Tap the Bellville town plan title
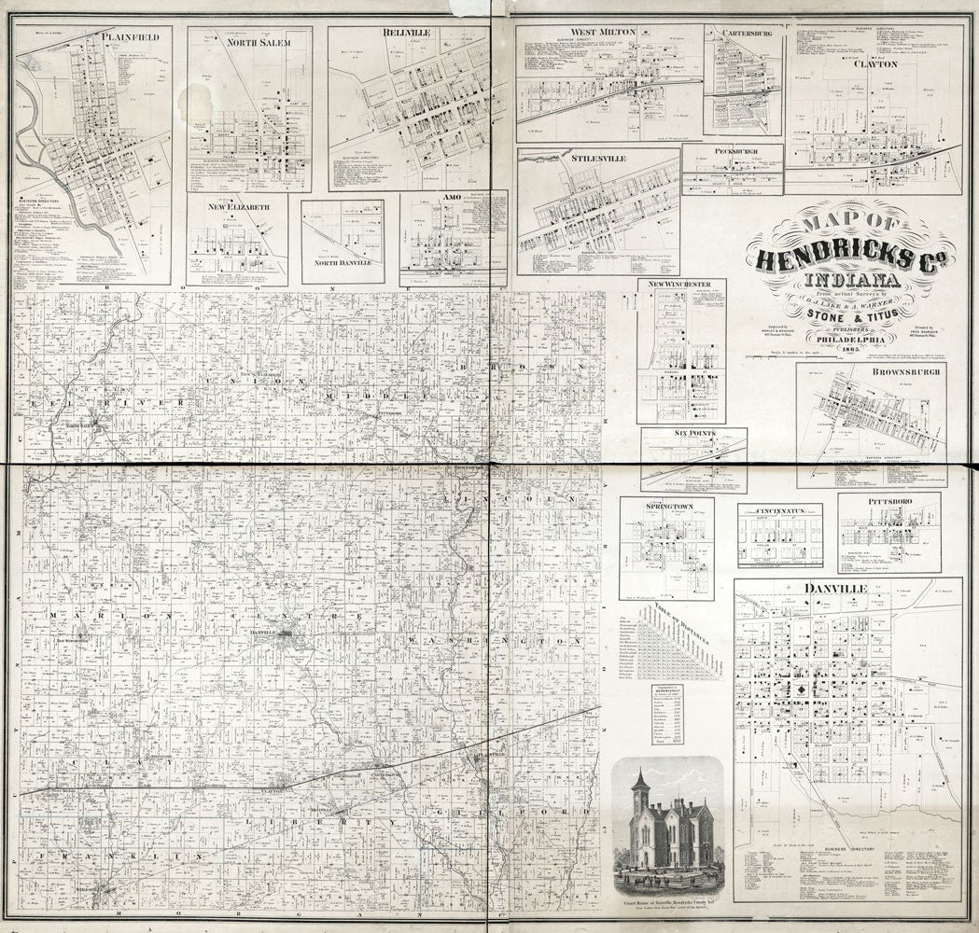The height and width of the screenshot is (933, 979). click(x=406, y=33)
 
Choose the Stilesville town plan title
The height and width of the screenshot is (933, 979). click(x=598, y=159)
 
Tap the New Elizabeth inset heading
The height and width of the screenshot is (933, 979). click(x=238, y=205)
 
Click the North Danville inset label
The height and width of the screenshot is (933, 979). click(x=342, y=263)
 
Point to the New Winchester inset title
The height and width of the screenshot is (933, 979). click(x=681, y=284)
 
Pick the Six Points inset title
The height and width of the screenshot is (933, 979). click(x=693, y=434)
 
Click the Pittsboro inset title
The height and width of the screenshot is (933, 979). click(x=888, y=500)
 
